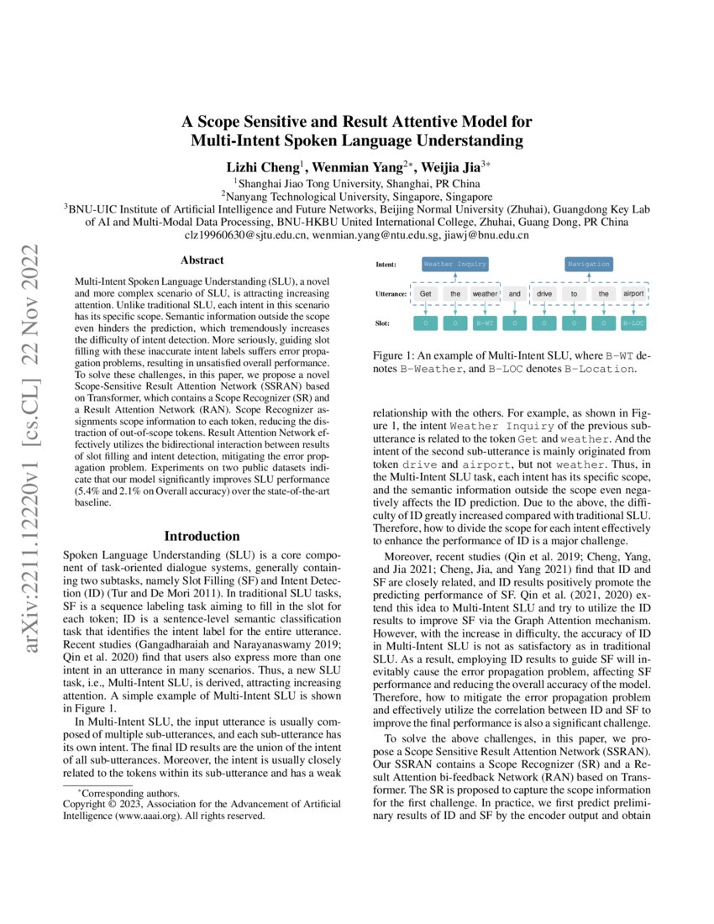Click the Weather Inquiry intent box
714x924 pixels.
[x=454, y=264]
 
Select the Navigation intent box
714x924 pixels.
[x=588, y=264]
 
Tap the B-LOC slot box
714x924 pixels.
[x=634, y=322]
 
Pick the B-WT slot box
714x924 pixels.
[x=485, y=322]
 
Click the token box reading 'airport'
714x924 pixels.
[x=634, y=294]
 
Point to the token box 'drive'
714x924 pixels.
[x=544, y=294]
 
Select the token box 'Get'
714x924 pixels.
[x=426, y=294]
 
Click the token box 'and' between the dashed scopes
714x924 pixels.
[x=515, y=294]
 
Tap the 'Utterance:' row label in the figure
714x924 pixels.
[x=391, y=294]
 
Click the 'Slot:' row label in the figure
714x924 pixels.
[x=384, y=322]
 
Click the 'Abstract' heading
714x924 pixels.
[x=202, y=260]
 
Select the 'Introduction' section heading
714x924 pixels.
[x=202, y=536]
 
